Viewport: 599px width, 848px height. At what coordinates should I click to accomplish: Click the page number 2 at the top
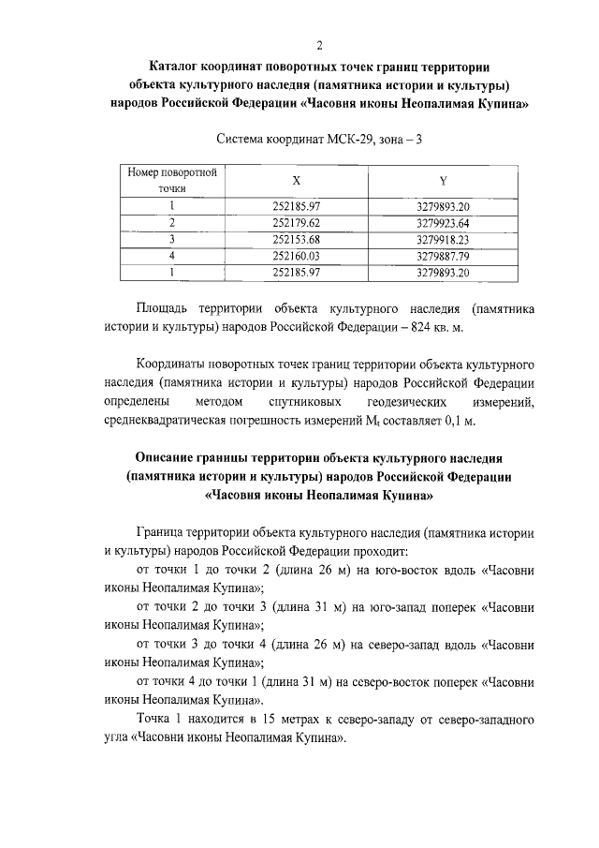319,44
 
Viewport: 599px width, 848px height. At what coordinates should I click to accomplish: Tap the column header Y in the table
442,180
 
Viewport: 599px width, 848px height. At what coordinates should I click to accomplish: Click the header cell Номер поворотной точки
172,180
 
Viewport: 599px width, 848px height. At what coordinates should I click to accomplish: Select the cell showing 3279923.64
442,222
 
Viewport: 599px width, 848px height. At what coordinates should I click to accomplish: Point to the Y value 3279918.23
442,239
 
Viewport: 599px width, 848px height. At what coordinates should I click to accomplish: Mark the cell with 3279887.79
442,255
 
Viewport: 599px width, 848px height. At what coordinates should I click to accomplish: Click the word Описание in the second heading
170,458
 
